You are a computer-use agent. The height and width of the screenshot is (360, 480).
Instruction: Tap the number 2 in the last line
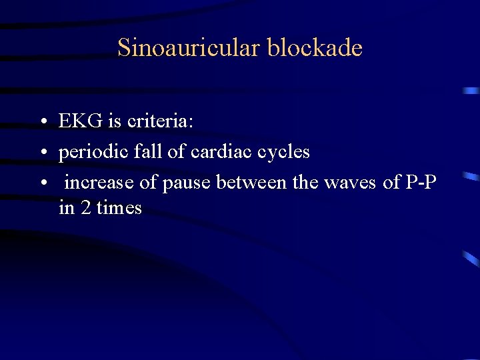coord(85,208)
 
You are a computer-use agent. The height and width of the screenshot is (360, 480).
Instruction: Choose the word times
coord(119,208)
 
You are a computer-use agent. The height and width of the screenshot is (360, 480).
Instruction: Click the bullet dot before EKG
coord(42,123)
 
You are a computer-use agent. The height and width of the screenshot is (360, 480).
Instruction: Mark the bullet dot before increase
coord(42,183)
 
